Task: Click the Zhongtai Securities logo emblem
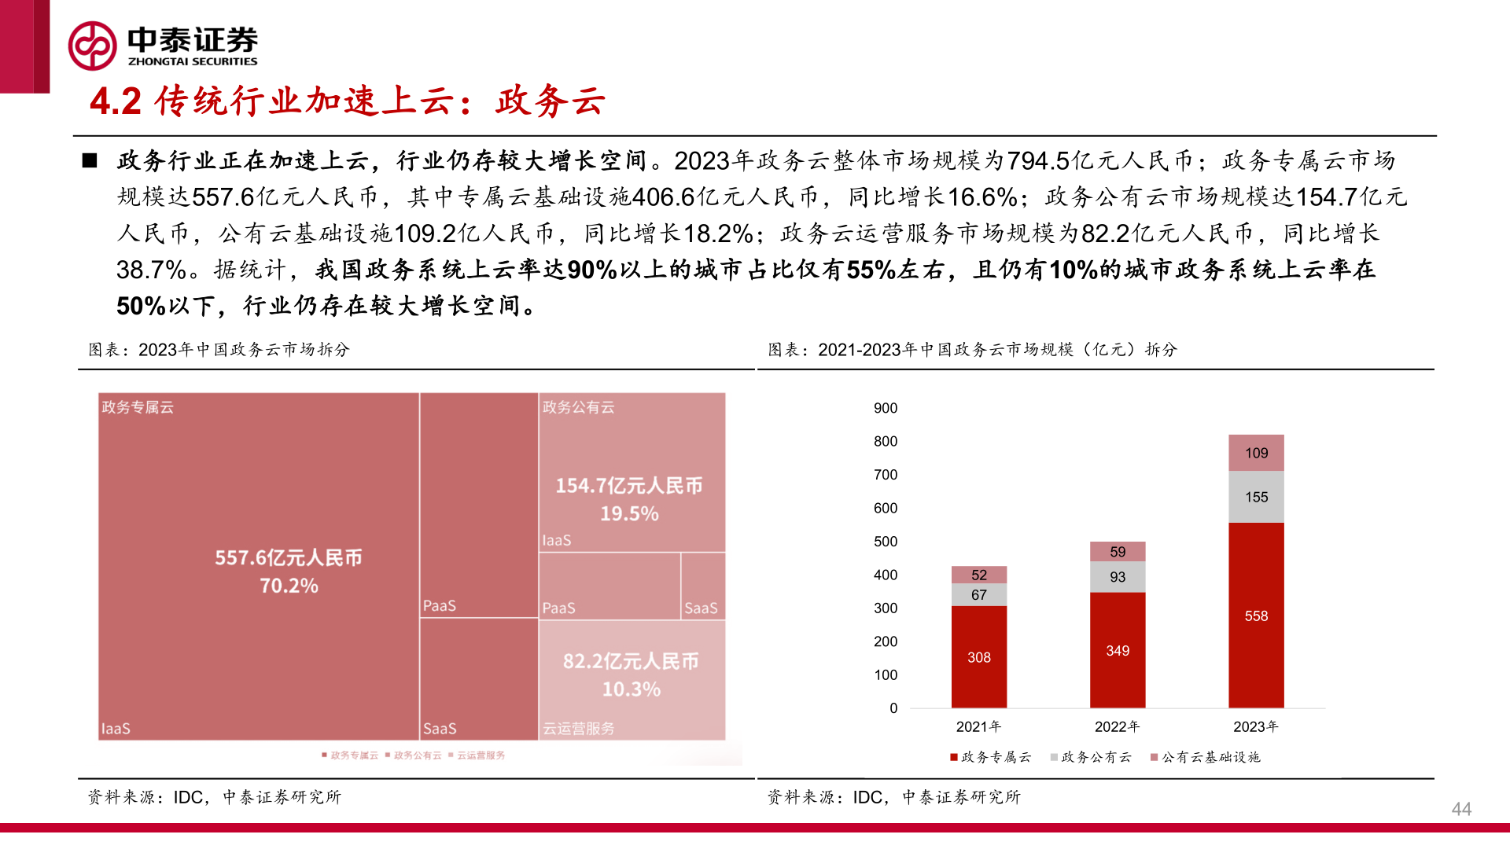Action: [92, 46]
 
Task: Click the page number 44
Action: [1461, 809]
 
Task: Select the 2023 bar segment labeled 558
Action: [1256, 616]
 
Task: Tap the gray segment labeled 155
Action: [1256, 497]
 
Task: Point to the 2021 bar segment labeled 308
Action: [978, 657]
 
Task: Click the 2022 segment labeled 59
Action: [1117, 552]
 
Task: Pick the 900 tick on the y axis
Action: [885, 408]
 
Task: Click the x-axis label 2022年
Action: [1117, 726]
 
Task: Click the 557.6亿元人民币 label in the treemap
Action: [289, 557]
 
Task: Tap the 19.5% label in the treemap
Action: [629, 513]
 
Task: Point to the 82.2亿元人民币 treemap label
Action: [631, 661]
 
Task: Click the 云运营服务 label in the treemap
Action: [578, 729]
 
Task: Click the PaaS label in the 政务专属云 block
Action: [440, 605]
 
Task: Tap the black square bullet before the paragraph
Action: [90, 160]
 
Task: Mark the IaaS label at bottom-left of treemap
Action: [116, 729]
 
